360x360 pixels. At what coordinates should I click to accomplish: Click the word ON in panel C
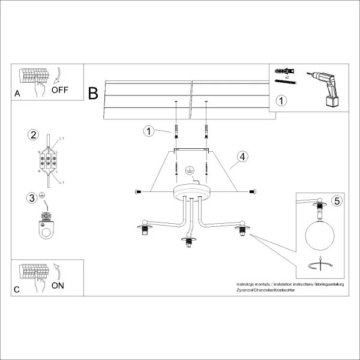(x=58, y=286)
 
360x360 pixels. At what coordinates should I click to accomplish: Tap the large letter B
(x=93, y=93)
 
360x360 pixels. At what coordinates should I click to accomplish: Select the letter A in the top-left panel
(x=17, y=94)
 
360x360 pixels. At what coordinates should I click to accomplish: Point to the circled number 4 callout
(x=242, y=157)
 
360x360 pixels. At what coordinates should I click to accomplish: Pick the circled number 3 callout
(x=32, y=197)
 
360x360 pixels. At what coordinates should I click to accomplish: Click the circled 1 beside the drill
(x=281, y=100)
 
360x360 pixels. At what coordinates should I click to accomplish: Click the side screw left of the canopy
(x=137, y=191)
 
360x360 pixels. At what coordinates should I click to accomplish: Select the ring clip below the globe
(x=320, y=265)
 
